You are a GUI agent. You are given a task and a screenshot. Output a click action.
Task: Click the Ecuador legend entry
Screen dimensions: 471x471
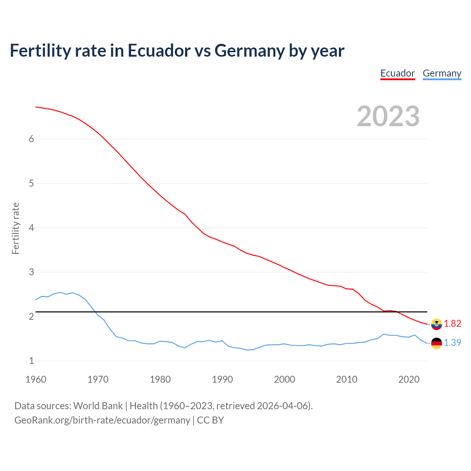[397, 73]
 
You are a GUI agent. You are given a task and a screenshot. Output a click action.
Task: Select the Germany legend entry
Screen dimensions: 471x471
[442, 73]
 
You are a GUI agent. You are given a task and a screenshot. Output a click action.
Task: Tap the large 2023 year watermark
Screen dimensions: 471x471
[388, 116]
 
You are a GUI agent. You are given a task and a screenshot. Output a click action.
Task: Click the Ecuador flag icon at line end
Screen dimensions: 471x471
[436, 324]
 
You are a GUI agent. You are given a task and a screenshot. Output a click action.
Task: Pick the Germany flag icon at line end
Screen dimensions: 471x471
[436, 343]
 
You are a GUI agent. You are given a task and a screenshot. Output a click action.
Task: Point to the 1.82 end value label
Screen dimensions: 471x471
[453, 323]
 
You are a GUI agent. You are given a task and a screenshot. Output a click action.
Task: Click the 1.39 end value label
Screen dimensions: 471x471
[453, 343]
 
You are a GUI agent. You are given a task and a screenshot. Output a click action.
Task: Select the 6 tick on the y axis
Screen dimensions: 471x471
[31, 139]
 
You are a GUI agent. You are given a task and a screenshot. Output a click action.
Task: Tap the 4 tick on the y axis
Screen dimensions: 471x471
[31, 228]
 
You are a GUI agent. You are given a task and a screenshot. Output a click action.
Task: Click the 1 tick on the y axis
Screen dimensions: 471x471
[31, 361]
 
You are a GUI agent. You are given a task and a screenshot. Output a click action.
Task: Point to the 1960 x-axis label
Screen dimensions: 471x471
[36, 379]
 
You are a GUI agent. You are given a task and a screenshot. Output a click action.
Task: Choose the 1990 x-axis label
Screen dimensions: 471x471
[222, 379]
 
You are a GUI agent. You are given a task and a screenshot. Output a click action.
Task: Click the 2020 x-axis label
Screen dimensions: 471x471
[409, 379]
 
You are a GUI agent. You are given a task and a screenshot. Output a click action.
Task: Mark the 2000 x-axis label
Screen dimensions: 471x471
[284, 379]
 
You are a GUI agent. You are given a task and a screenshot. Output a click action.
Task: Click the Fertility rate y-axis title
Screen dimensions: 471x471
[15, 228]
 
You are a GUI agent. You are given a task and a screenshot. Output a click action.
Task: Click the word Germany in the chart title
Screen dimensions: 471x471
[249, 50]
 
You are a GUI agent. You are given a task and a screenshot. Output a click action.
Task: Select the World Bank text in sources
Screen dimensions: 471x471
[98, 406]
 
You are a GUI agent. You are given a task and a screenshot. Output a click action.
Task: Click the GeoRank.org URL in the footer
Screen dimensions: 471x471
[102, 420]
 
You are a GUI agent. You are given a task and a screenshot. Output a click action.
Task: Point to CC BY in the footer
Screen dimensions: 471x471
[210, 420]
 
